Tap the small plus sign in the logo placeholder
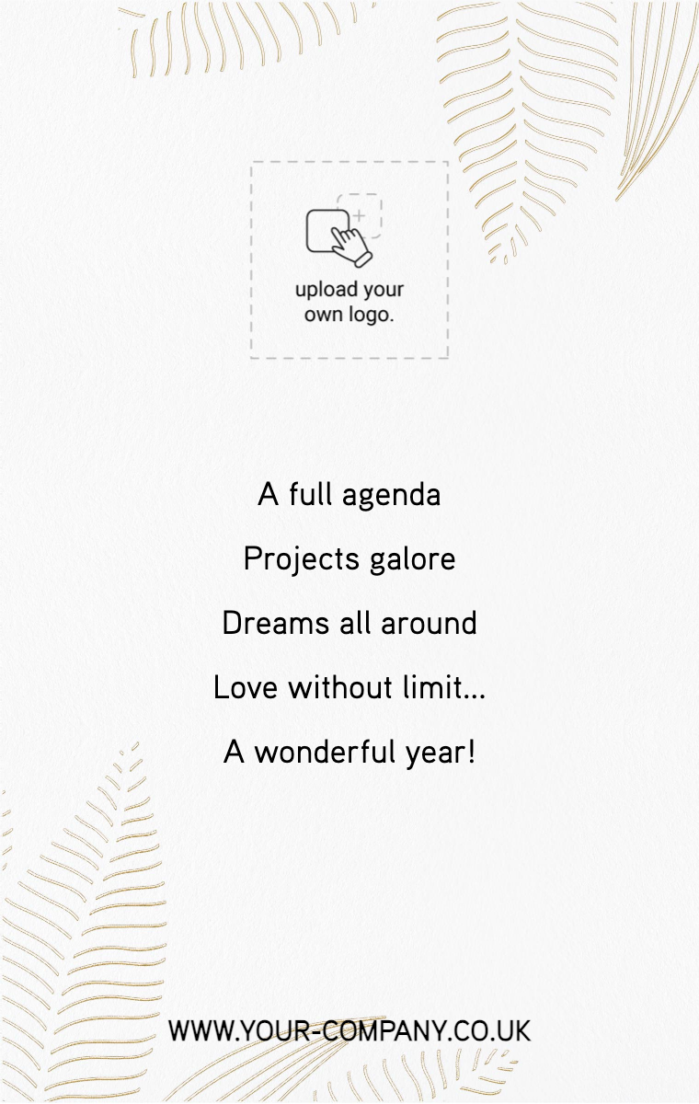point(361,216)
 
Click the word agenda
point(391,495)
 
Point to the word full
point(310,493)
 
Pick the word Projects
point(302,559)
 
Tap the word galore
point(412,559)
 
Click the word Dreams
point(275,623)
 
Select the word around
point(429,623)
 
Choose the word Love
point(246,687)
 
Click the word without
point(340,686)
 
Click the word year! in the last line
point(441,753)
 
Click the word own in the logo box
point(323,316)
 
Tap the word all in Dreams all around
point(355,623)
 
